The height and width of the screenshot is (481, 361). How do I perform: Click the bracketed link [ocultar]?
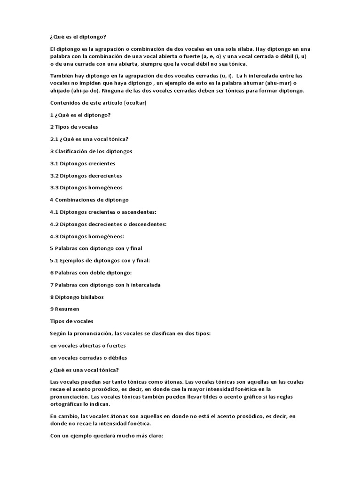tap(135, 102)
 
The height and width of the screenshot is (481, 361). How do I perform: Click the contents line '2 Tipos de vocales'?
tap(74, 127)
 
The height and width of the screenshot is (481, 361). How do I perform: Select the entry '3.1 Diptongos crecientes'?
tap(83, 163)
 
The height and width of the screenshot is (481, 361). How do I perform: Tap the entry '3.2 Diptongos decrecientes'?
tap(86, 176)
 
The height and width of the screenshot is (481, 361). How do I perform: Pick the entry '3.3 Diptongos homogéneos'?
tap(86, 187)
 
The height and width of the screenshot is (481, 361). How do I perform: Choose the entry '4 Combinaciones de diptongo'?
tap(89, 200)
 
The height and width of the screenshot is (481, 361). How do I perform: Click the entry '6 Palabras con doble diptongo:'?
tap(91, 272)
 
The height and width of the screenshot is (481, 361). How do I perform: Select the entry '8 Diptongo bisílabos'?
tap(77, 297)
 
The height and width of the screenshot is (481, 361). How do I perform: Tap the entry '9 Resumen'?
tap(64, 309)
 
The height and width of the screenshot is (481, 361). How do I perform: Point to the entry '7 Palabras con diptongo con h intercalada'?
tap(105, 285)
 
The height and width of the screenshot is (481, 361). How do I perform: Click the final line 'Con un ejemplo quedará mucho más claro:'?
tap(106, 435)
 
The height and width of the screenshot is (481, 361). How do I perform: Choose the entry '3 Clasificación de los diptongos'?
tap(91, 151)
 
